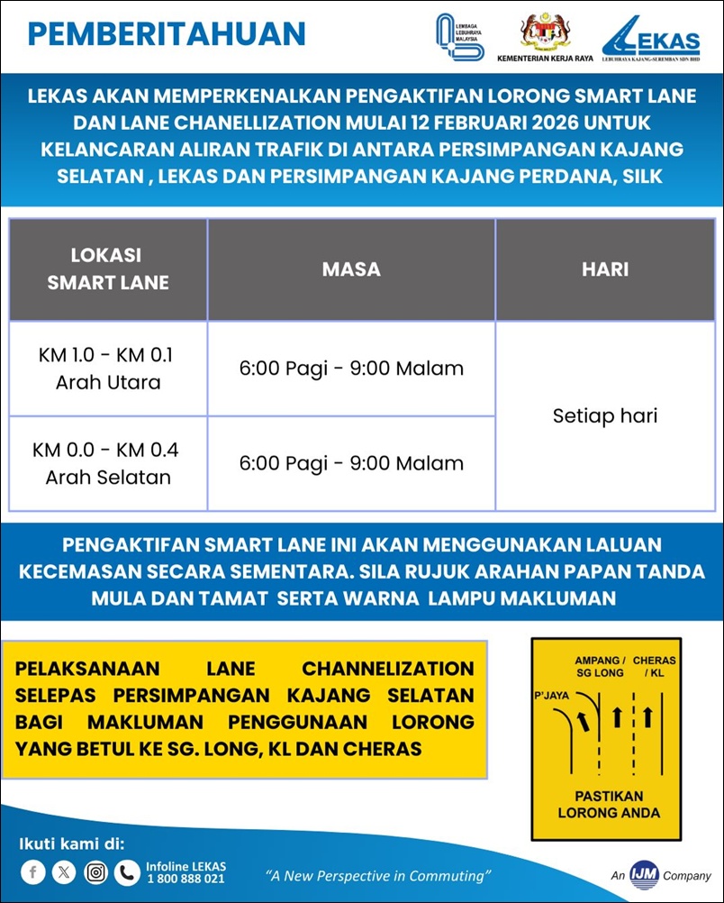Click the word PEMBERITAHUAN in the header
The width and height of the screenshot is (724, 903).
click(x=167, y=34)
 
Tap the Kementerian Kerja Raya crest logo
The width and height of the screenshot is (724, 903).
click(x=545, y=32)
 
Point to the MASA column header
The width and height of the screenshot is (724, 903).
click(x=351, y=269)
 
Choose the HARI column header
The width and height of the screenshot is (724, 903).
click(x=605, y=269)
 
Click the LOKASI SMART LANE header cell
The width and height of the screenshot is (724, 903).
click(x=108, y=269)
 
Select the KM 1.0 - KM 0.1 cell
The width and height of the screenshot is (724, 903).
click(x=108, y=369)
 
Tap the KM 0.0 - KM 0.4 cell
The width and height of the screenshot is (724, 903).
click(x=108, y=463)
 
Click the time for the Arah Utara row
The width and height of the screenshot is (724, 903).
click(x=351, y=369)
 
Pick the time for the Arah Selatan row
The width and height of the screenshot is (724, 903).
click(x=351, y=464)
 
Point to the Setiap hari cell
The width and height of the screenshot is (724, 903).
click(x=605, y=416)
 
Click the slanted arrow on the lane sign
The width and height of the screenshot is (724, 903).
click(x=584, y=718)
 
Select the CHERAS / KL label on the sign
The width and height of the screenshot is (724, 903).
click(x=654, y=667)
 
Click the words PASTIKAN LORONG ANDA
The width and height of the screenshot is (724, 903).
click(x=609, y=805)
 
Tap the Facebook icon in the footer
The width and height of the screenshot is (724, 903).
click(x=33, y=871)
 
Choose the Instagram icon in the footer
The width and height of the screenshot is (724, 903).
click(x=95, y=871)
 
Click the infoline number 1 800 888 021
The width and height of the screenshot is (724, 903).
click(x=185, y=879)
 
